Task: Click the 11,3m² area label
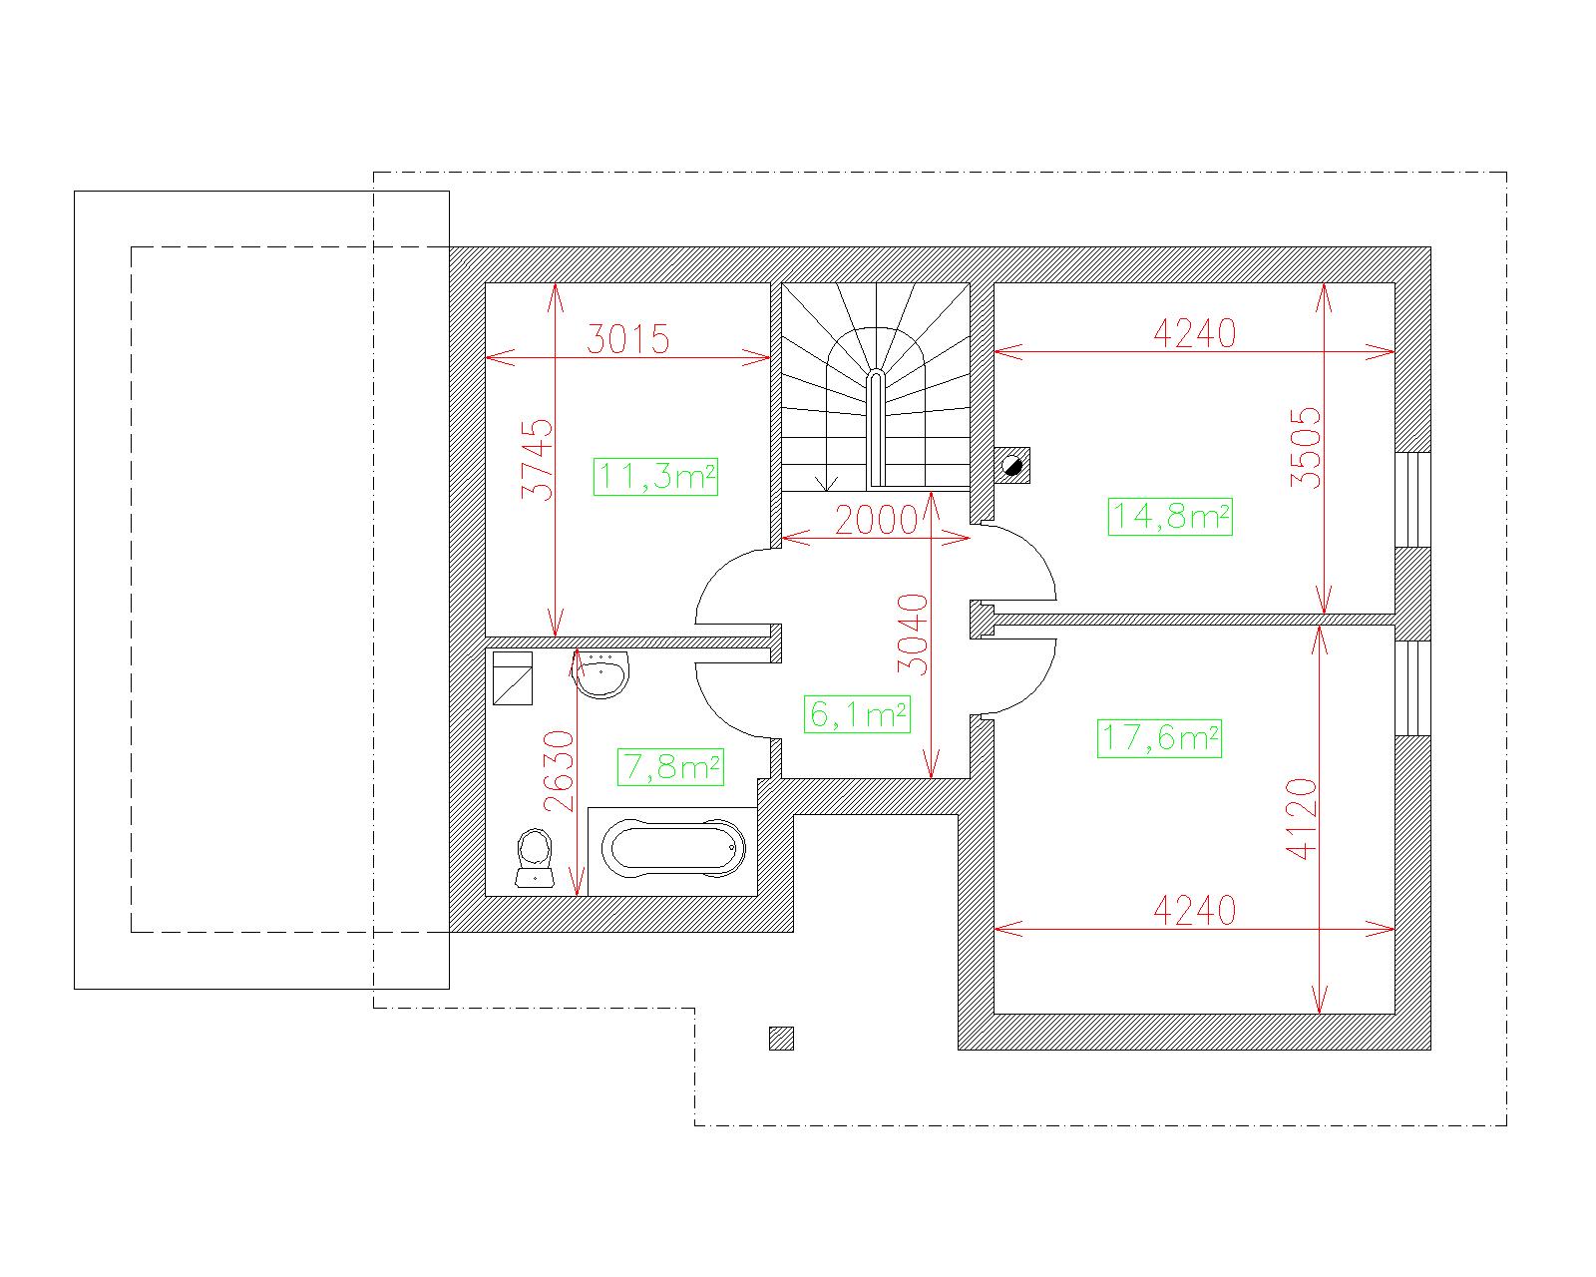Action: tap(655, 476)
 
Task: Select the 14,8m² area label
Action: tap(1170, 517)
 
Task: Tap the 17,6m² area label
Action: tap(1159, 738)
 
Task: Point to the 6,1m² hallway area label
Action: tap(857, 714)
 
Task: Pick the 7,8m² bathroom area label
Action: tap(670, 766)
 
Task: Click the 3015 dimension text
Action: tap(628, 339)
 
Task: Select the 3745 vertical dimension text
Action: tap(538, 460)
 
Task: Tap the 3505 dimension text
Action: tap(1306, 448)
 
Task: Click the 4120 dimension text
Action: tap(1301, 819)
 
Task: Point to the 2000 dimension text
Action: tap(877, 520)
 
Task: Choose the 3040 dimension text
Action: tap(913, 635)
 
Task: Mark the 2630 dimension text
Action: tap(560, 772)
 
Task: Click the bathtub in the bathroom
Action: tap(673, 850)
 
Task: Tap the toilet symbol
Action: tap(535, 859)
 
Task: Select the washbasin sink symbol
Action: tap(602, 673)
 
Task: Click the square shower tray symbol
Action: tap(513, 678)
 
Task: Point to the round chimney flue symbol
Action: tap(1011, 466)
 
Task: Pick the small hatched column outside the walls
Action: tap(782, 1039)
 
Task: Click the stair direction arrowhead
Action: tap(826, 483)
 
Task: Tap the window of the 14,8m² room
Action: tap(1412, 500)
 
